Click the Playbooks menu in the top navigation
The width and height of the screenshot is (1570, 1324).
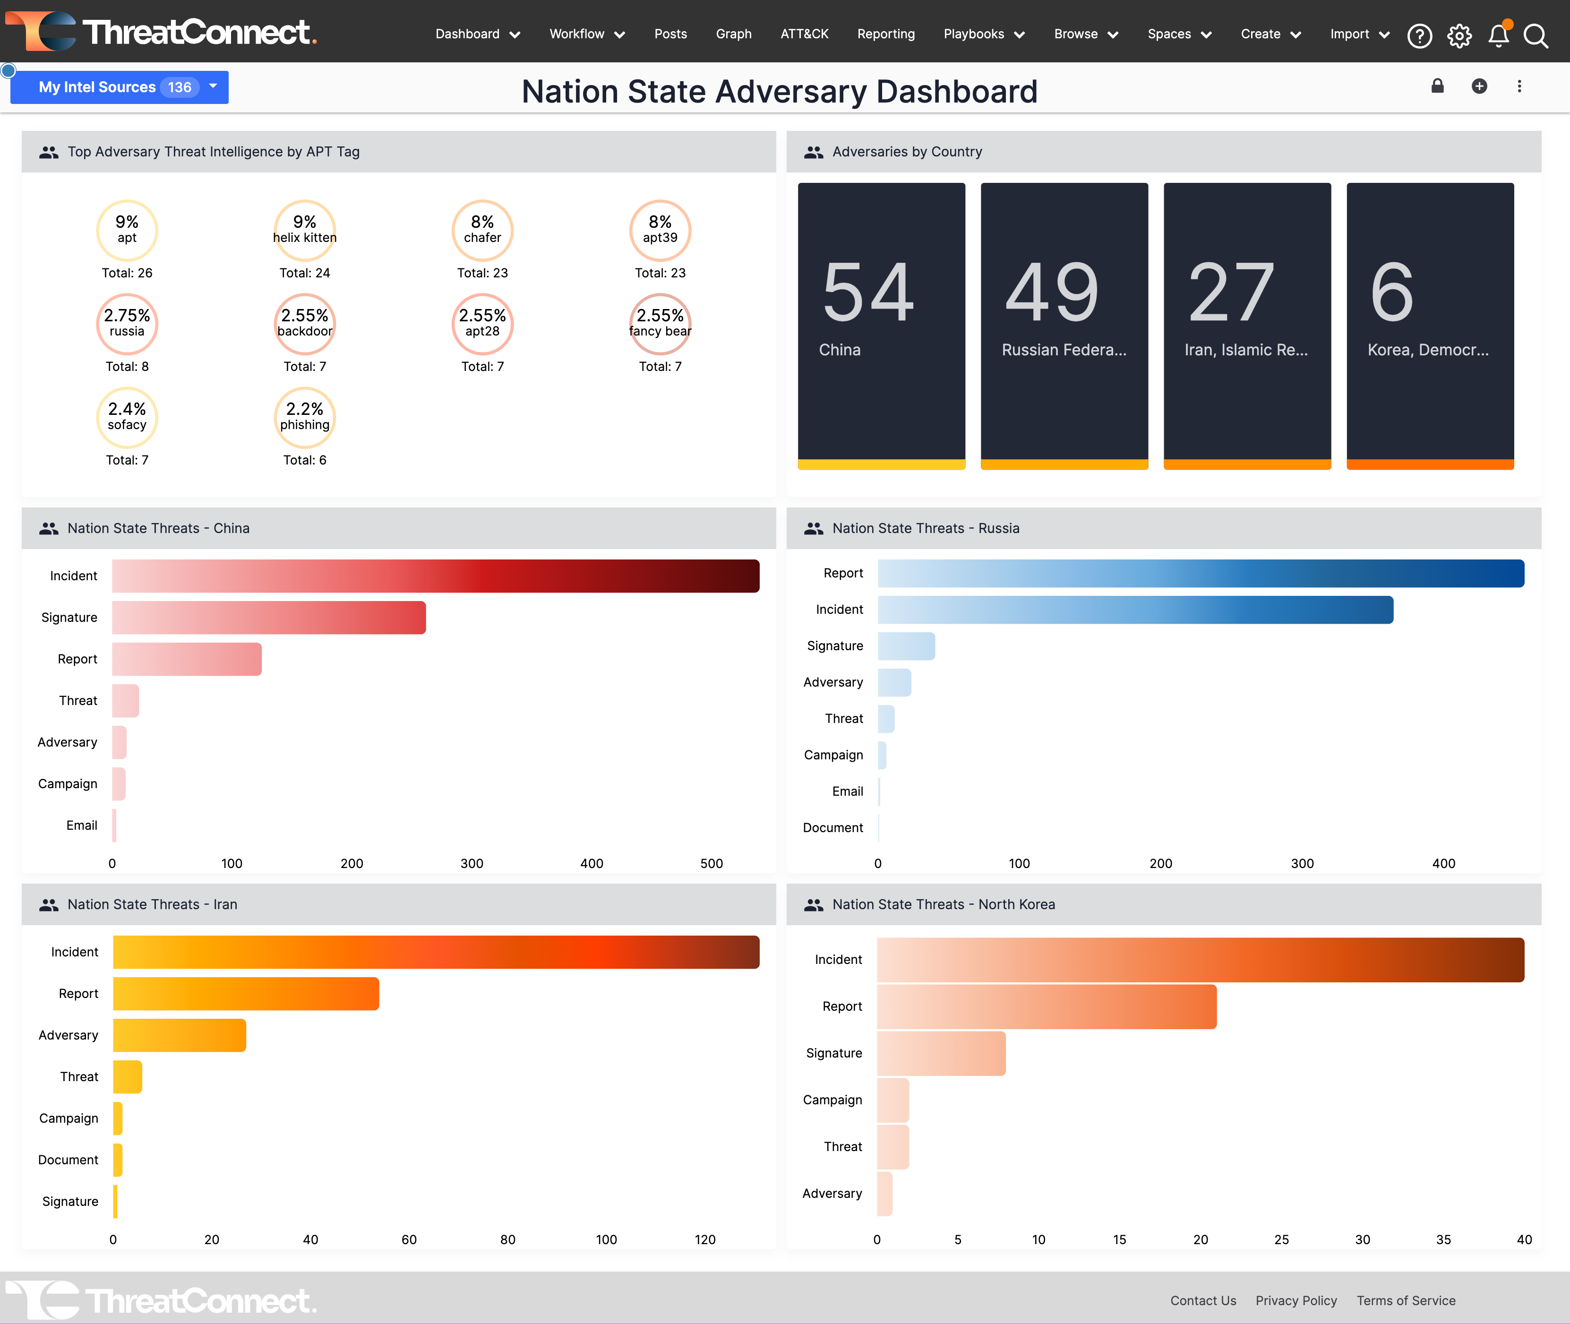click(x=983, y=34)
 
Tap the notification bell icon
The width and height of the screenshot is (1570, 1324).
click(x=1498, y=35)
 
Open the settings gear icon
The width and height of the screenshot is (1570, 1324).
click(x=1459, y=35)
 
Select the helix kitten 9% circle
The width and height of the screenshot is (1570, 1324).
click(x=305, y=230)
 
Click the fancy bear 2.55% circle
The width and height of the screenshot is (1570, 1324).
click(x=660, y=324)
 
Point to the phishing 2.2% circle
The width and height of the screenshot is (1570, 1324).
click(x=305, y=417)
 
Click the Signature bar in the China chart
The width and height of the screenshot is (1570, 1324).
click(x=269, y=617)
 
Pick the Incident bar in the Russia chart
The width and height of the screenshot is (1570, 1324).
click(x=1135, y=610)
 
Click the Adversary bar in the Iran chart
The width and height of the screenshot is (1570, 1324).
click(x=180, y=1035)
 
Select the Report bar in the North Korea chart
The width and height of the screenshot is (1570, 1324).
click(x=1046, y=1006)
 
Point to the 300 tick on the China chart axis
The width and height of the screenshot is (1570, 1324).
click(x=472, y=863)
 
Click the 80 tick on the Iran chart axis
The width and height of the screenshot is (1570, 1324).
click(x=507, y=1239)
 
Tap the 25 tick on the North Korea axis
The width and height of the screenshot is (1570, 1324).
click(x=1281, y=1239)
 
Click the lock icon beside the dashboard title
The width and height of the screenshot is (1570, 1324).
click(x=1437, y=86)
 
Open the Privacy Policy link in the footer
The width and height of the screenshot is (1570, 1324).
click(x=1296, y=1300)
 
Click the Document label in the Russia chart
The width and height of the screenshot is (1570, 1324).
click(x=832, y=827)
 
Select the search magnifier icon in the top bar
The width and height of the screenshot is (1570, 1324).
click(x=1536, y=35)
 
